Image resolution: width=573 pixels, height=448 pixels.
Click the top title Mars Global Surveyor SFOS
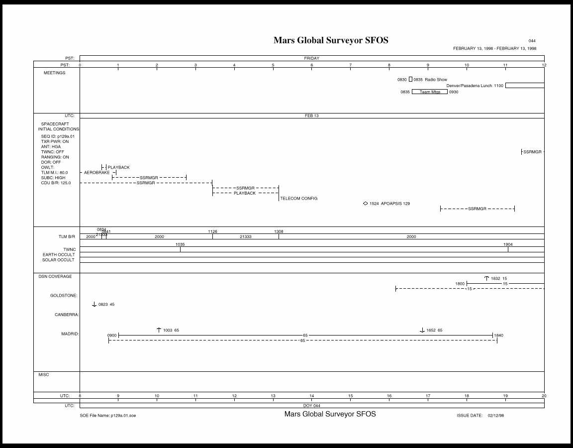point(331,40)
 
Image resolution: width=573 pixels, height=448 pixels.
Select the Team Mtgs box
point(430,92)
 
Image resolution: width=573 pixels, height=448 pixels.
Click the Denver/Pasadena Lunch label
point(469,86)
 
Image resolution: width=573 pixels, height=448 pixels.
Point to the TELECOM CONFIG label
point(298,198)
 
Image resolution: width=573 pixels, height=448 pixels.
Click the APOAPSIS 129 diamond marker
point(366,203)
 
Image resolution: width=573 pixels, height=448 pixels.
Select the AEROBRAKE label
point(96,172)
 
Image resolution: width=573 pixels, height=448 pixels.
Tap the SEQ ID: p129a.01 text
point(58,136)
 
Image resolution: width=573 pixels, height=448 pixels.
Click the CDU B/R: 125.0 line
point(56,183)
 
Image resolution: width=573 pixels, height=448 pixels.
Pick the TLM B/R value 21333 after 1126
point(245,236)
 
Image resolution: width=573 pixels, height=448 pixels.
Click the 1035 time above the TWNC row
point(180,244)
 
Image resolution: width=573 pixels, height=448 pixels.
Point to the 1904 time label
point(508,244)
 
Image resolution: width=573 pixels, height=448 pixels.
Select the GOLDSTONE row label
point(64,295)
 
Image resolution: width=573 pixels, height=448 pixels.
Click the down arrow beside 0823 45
point(94,304)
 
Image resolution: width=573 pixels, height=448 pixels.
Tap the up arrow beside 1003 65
point(159,330)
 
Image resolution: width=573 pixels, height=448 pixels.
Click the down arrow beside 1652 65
point(422,330)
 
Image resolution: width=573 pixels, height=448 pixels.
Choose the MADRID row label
point(70,334)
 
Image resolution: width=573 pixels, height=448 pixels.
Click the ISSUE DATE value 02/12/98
point(496,415)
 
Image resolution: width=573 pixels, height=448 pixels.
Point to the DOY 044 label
point(312,406)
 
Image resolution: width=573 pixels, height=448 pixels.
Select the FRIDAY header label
point(312,58)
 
